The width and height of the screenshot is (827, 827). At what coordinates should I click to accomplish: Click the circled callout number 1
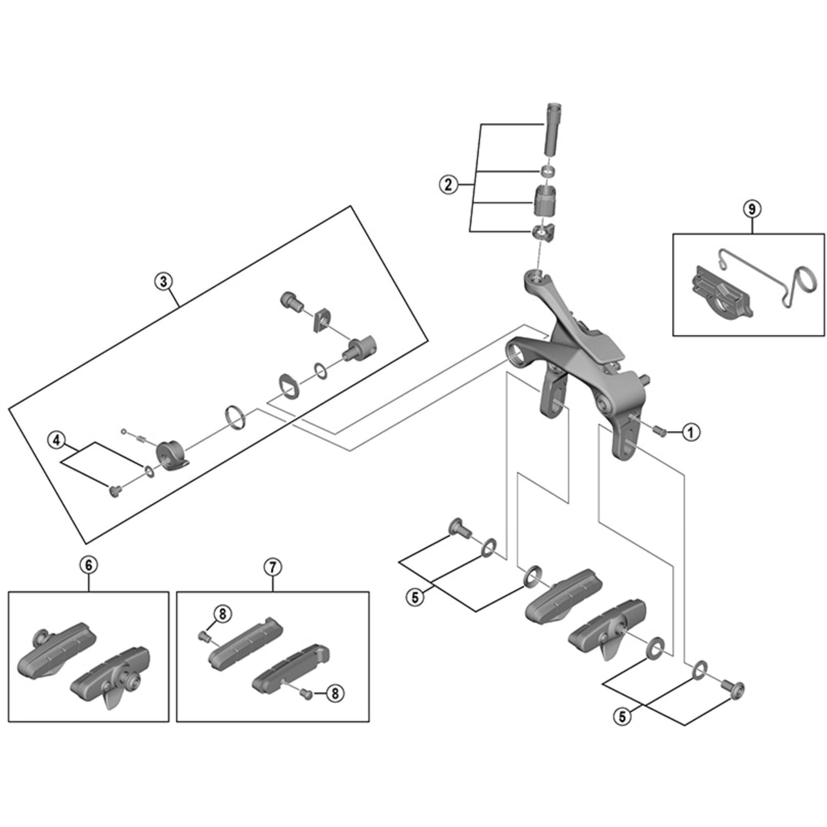[691, 433]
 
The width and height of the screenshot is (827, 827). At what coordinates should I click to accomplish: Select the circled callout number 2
[448, 185]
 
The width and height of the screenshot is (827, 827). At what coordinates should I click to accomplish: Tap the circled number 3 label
[163, 281]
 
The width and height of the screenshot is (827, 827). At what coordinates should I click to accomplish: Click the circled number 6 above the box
[88, 565]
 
